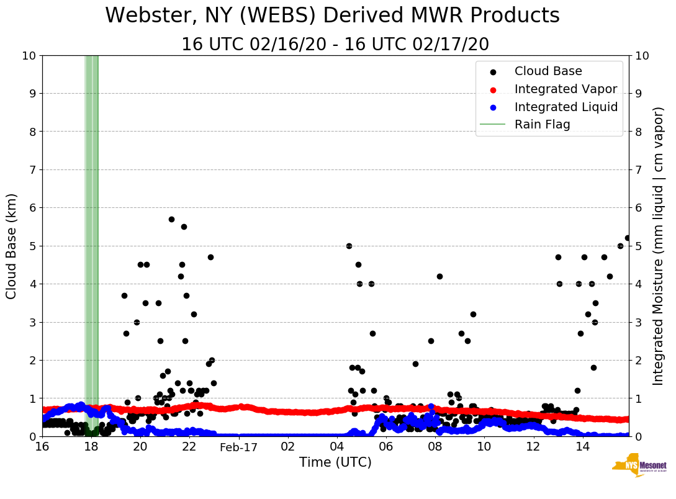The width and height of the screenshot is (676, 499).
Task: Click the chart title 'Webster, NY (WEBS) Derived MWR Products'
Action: click(332, 16)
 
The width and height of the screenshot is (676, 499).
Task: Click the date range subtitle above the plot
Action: click(335, 45)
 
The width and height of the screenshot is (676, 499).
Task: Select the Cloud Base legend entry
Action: click(548, 71)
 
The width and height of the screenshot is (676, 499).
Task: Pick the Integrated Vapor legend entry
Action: click(566, 89)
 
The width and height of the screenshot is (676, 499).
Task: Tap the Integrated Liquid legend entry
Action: click(566, 107)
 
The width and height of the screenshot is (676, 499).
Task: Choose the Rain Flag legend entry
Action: click(542, 124)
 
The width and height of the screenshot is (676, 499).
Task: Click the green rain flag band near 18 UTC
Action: click(91, 248)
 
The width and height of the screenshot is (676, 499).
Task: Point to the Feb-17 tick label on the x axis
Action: click(238, 447)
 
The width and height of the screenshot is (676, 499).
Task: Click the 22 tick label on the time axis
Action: click(189, 447)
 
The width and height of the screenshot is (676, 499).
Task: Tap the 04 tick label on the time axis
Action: click(336, 447)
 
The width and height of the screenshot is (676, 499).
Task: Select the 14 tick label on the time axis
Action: click(582, 447)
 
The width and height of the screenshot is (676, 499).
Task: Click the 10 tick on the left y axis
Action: click(29, 56)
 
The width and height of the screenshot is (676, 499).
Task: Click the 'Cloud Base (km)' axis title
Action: click(12, 246)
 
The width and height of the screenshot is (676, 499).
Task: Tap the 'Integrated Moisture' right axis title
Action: click(659, 246)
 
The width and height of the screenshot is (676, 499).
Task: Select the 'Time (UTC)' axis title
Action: click(335, 462)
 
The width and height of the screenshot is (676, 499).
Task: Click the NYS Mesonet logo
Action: click(639, 467)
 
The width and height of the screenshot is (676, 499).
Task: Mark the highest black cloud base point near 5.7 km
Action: click(171, 219)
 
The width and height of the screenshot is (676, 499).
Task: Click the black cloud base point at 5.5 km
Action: click(184, 227)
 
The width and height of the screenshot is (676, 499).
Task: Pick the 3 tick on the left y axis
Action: click(32, 322)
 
